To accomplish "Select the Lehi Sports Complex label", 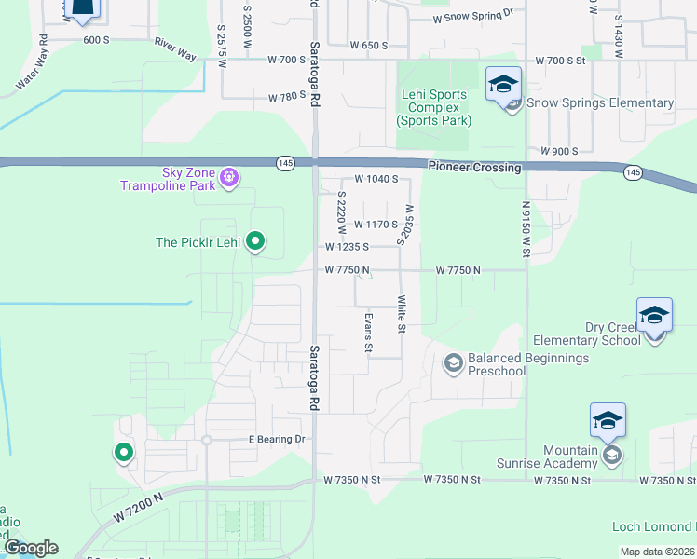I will [x=433, y=107].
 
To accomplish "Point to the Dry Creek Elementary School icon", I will [x=654, y=316].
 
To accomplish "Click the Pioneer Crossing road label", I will [x=474, y=166].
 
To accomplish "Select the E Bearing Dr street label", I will [x=277, y=439].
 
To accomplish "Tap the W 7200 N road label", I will [x=140, y=508].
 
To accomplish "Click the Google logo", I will [x=31, y=548].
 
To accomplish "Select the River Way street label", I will [x=175, y=50].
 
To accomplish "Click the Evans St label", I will [x=369, y=334].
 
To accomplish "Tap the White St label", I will [x=402, y=315].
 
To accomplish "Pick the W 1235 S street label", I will [x=348, y=247].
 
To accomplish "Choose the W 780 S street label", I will [x=287, y=97].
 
